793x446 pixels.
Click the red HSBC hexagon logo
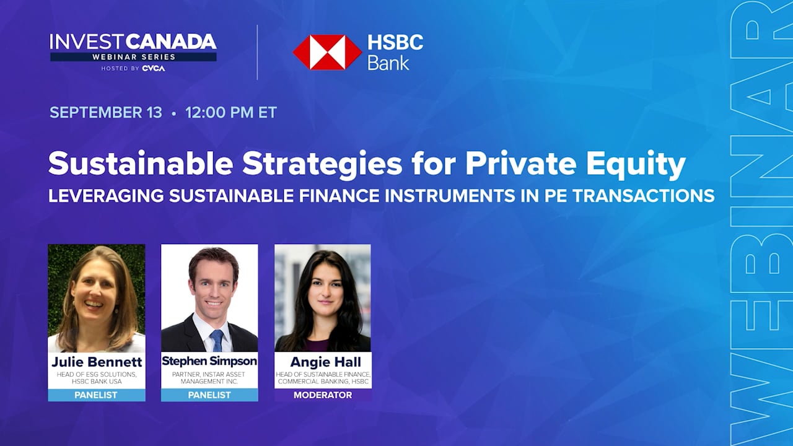pos(327,52)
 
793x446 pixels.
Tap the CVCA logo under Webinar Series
pos(154,68)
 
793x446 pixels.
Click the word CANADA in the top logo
pos(171,42)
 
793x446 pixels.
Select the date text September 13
pos(106,112)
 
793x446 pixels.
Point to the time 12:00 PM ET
pos(231,112)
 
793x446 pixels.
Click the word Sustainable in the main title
pos(141,163)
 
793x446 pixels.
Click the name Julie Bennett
pos(97,362)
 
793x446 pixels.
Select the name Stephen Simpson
pos(209,361)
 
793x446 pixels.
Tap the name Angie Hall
pos(326,362)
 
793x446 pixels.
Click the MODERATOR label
pos(323,395)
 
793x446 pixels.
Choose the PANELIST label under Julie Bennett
pos(96,395)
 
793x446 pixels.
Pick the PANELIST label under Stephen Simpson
pos(209,395)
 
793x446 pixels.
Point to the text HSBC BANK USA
pos(97,382)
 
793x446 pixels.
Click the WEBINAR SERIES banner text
pos(134,57)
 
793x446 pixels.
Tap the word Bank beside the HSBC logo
pos(388,63)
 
